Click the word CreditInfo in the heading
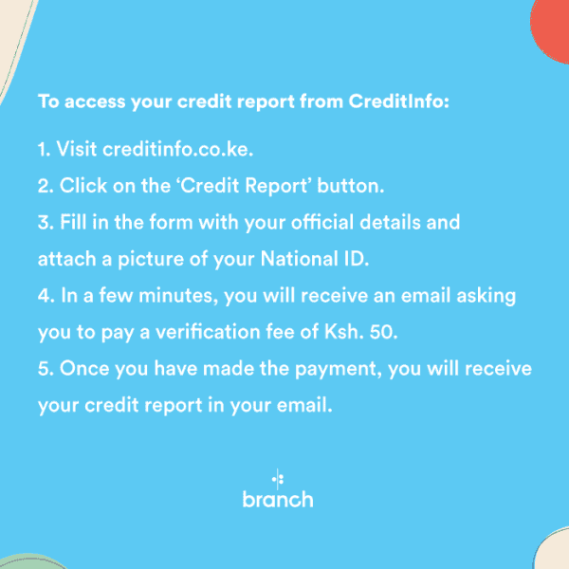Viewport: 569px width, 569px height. tap(399, 101)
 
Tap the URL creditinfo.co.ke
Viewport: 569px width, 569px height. tap(178, 149)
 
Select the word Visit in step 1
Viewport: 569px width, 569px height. tap(77, 149)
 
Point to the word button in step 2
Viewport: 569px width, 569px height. tap(351, 186)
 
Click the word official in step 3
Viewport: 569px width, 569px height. tap(322, 222)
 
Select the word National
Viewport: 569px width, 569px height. tap(300, 259)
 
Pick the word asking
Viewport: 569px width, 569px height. tap(486, 296)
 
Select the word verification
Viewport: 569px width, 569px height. tap(208, 332)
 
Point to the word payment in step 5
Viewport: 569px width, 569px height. tap(339, 370)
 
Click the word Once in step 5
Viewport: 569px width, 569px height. tap(84, 368)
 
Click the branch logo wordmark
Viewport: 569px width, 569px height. tap(278, 500)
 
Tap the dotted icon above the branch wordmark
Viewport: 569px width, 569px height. tap(278, 479)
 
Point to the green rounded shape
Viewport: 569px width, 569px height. tap(31, 562)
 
